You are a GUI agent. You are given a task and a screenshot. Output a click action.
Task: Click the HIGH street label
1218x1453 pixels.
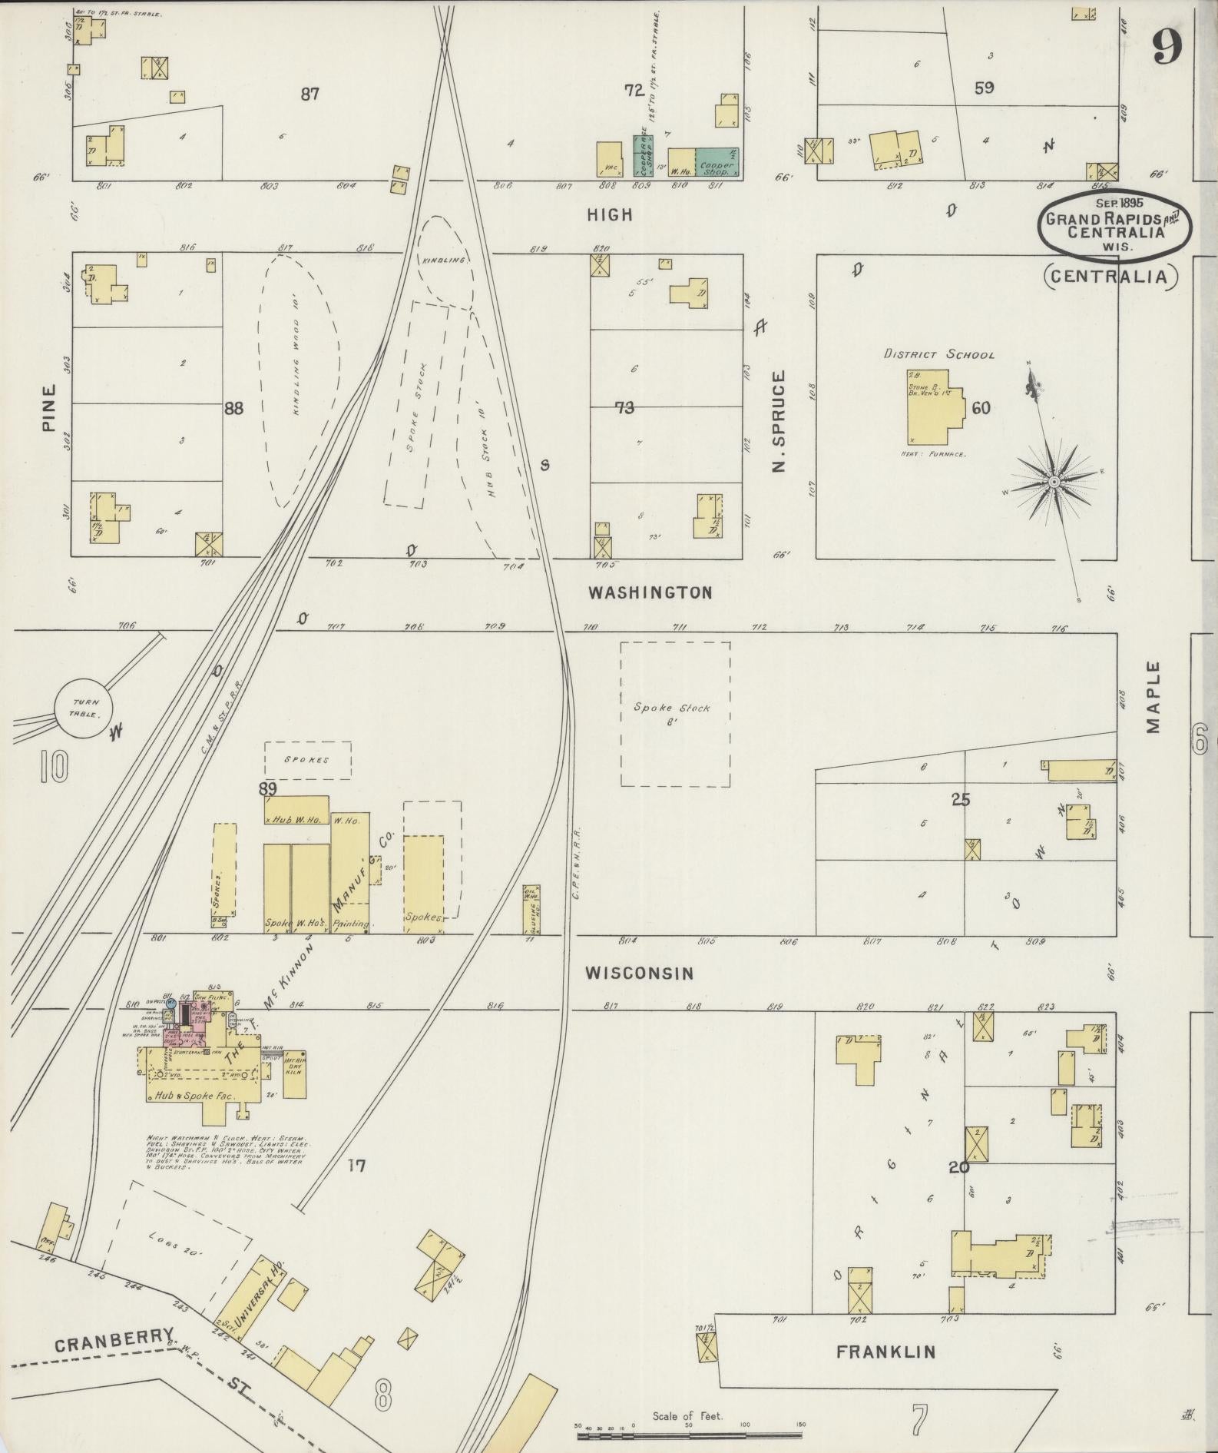pyautogui.click(x=610, y=215)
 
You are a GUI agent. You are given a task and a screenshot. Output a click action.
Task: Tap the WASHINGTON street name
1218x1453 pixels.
pyautogui.click(x=650, y=592)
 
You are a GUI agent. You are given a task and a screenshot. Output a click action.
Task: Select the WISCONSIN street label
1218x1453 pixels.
pyautogui.click(x=639, y=974)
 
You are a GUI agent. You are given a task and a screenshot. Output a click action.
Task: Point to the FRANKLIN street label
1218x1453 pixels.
pyautogui.click(x=885, y=1352)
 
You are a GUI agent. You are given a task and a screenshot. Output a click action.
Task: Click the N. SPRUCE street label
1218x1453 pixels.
pyautogui.click(x=779, y=421)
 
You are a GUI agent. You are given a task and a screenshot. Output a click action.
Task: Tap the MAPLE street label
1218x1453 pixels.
pyautogui.click(x=1154, y=698)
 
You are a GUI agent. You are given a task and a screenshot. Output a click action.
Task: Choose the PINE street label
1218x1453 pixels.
pyautogui.click(x=49, y=407)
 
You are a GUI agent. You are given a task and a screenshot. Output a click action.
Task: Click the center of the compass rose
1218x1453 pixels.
pyautogui.click(x=1054, y=481)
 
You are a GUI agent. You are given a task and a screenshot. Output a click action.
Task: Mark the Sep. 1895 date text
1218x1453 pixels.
pyautogui.click(x=1120, y=203)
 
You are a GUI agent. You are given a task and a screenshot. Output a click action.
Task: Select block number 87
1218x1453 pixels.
pyautogui.click(x=309, y=95)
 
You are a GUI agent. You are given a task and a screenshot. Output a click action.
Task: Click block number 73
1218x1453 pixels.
pyautogui.click(x=624, y=408)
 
